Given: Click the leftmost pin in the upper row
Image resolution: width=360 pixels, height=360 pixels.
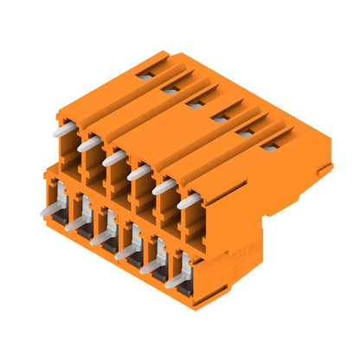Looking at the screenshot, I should point(65,130).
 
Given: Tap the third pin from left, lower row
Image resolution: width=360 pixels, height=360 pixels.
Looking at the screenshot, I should point(99,237).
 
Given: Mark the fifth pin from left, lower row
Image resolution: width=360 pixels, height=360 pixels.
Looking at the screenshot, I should point(150,267).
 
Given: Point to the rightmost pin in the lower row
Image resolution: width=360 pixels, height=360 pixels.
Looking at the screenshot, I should point(175,281).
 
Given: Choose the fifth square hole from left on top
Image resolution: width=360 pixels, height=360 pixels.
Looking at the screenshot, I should point(246,132).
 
